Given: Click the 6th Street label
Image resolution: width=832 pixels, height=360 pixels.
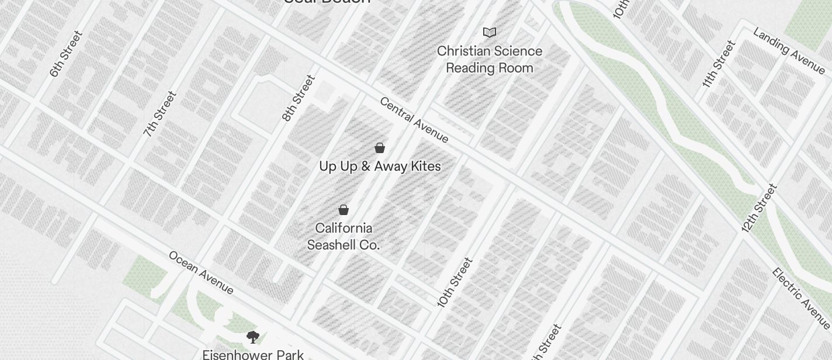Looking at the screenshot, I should [x=65, y=54].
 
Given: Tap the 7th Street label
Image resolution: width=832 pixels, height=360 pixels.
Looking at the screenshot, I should [x=160, y=114].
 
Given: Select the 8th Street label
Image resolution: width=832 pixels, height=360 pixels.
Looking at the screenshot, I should [x=298, y=98].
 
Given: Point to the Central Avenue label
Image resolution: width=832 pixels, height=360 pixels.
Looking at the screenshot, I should [x=414, y=120].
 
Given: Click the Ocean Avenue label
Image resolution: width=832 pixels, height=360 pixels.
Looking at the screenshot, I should [x=201, y=273].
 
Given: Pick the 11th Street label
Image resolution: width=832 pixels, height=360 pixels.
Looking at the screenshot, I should [x=718, y=64].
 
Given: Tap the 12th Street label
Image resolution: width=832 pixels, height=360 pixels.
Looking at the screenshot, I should [x=760, y=208].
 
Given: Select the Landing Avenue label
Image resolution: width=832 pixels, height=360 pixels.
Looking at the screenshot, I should [x=789, y=51].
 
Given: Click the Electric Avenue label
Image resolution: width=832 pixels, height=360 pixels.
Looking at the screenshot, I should [x=800, y=298].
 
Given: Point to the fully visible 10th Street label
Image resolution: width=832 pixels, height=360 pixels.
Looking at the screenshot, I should [x=455, y=282].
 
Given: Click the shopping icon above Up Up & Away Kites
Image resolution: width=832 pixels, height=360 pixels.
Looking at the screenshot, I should [x=380, y=148].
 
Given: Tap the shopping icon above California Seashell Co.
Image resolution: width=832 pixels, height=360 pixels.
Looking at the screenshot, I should [x=344, y=210].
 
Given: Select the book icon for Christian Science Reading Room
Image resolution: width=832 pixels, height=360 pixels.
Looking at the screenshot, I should [x=490, y=32].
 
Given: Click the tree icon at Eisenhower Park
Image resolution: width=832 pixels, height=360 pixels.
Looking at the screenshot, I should [x=253, y=337].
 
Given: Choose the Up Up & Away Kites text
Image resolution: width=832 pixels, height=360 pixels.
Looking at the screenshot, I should [x=380, y=167].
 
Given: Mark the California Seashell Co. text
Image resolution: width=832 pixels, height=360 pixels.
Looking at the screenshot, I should [x=344, y=237].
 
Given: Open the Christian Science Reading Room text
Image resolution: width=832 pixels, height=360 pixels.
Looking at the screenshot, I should [x=490, y=60].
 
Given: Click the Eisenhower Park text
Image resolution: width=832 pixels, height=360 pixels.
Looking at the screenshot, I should [x=253, y=354].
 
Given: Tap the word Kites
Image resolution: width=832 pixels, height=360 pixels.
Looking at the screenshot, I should [x=425, y=167].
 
